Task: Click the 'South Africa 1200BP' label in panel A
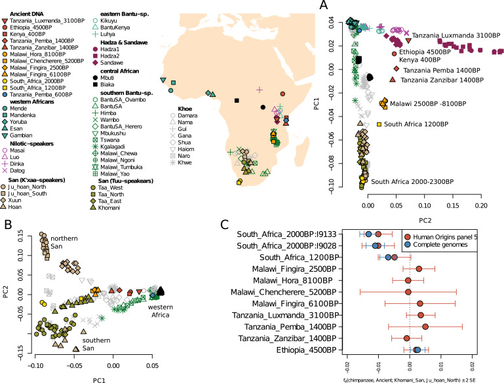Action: tap(415, 123)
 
